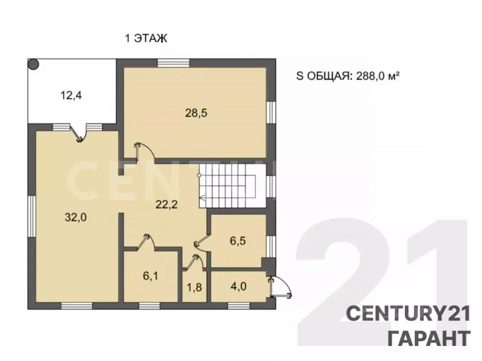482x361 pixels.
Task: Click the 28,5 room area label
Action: (196, 113)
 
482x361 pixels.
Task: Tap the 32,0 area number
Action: (76, 217)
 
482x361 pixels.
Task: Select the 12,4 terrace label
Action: (71, 95)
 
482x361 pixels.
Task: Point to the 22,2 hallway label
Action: (166, 204)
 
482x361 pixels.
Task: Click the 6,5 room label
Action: (238, 241)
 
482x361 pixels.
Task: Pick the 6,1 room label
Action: (151, 276)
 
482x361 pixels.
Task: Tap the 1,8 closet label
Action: (194, 287)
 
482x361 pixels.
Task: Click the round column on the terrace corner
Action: (33, 64)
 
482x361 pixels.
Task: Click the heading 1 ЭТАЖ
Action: (146, 39)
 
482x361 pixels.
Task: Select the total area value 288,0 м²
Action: (378, 76)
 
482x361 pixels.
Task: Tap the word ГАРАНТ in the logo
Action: (429, 338)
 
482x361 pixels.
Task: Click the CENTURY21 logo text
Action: (408, 314)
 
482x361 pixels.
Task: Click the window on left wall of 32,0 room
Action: (32, 216)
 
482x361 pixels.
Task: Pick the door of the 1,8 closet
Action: (194, 263)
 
